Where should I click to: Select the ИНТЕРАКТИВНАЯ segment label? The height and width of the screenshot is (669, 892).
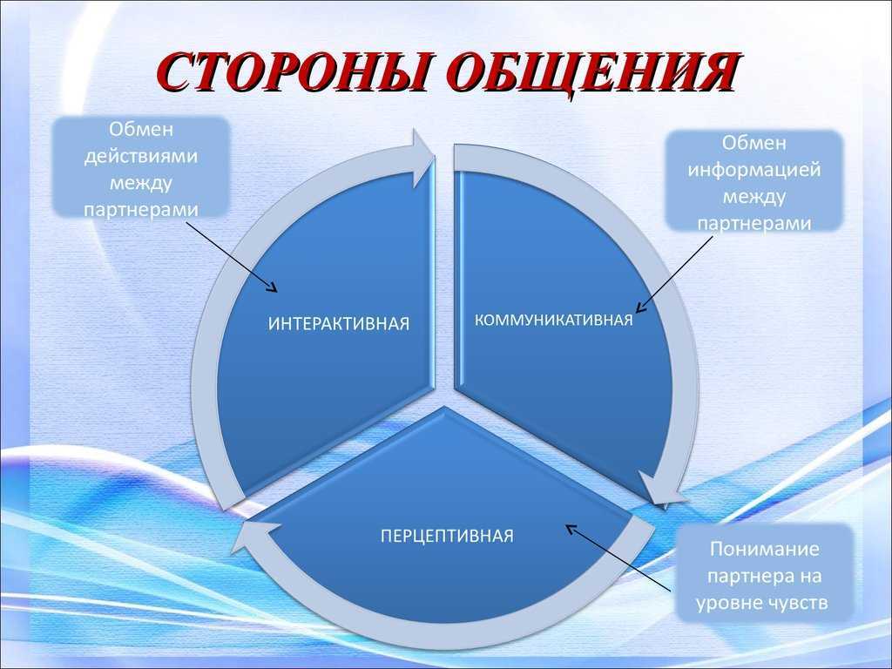point(339,324)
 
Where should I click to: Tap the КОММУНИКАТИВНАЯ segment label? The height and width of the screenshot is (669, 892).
point(553,321)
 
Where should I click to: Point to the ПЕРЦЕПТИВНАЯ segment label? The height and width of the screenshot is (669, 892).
point(447,536)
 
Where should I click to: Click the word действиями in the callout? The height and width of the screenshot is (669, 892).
point(141,157)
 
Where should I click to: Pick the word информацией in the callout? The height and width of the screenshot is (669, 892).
point(754,170)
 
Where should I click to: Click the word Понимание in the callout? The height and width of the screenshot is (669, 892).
point(765,549)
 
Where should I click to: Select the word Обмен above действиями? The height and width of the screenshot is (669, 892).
point(141,129)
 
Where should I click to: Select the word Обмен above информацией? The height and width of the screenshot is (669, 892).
point(754,143)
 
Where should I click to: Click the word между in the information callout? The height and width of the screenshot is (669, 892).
point(754,198)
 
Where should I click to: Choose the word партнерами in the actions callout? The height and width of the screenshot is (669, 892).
point(141,210)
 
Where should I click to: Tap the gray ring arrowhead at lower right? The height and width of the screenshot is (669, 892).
point(661,490)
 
